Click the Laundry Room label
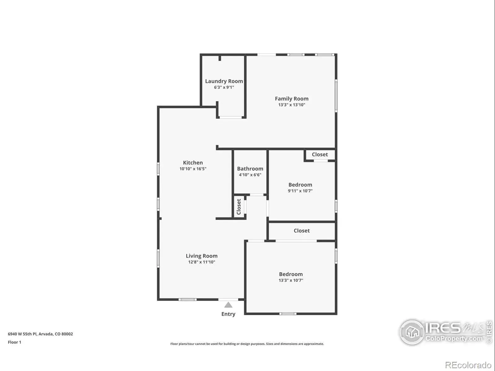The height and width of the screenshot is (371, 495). point(224,81)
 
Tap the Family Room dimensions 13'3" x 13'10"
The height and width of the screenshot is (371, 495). point(292,104)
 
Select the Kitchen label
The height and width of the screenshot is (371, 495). point(193,163)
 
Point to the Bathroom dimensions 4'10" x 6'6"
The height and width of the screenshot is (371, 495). point(250,175)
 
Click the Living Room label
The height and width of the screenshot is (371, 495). point(202,256)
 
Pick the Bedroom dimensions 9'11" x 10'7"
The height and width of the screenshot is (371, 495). point(300,191)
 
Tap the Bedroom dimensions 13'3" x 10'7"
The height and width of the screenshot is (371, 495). point(291,280)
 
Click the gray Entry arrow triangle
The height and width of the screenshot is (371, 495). point(228,305)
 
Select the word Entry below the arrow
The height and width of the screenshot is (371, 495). point(228,314)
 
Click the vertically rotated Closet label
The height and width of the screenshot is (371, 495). point(239,207)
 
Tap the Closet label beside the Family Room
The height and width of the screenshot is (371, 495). point(320,155)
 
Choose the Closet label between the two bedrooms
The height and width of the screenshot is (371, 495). point(302,231)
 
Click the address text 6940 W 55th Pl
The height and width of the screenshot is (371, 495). point(22,334)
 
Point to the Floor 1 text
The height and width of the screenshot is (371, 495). point(15,342)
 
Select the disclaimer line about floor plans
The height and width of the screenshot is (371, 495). point(247,344)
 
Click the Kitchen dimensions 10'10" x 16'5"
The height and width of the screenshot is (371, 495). point(193,169)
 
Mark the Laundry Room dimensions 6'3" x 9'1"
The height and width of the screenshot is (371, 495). point(224,87)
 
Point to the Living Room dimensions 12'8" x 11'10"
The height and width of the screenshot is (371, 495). point(202,262)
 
